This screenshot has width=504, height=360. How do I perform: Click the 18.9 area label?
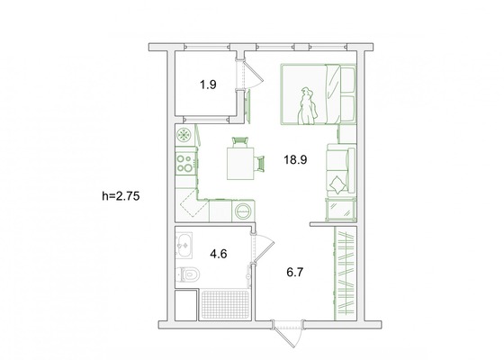[x=295, y=159]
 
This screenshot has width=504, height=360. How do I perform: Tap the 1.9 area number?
[x=208, y=85]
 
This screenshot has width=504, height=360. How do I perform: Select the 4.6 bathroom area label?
[x=219, y=254]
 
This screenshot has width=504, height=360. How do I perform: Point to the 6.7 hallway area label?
[x=295, y=273]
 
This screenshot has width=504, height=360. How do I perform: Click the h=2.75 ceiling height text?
[x=121, y=196]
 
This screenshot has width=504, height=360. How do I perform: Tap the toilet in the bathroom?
[x=188, y=274]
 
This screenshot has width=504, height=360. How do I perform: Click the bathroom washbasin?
[x=184, y=245]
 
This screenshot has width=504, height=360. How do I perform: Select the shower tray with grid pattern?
[x=225, y=304]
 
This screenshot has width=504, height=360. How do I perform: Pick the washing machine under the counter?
[x=243, y=211]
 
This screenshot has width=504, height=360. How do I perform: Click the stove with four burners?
[x=185, y=163]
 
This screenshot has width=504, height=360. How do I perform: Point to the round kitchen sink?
[x=184, y=134]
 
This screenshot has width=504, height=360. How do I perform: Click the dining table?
[x=240, y=163]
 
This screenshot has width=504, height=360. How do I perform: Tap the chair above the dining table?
[x=240, y=142]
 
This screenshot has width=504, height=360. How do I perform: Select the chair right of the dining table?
[x=259, y=164]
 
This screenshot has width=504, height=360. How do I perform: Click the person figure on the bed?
[x=308, y=106]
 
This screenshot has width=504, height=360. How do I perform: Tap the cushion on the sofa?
[x=337, y=185]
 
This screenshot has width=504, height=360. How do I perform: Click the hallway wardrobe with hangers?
[x=346, y=274]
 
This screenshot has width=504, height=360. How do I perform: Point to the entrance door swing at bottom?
[x=288, y=334]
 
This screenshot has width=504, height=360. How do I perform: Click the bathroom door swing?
[x=263, y=248]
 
